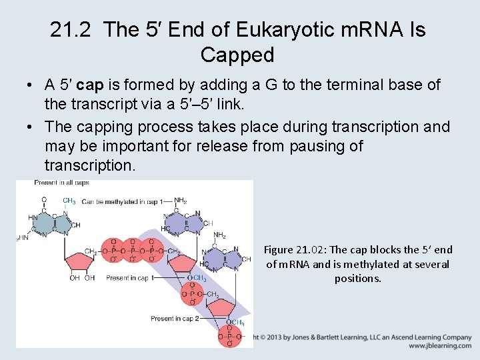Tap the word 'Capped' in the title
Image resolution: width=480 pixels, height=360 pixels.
tap(237, 55)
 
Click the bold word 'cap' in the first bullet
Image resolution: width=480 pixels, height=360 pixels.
tap(89, 85)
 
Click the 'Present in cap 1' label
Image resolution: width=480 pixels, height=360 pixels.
tap(129, 279)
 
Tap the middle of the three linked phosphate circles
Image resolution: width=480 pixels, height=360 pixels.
tap(133, 252)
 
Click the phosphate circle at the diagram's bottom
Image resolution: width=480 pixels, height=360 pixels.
tap(229, 338)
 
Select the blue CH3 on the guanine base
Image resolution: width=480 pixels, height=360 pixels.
tap(69, 201)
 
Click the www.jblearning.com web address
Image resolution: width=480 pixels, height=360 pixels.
tap(440, 346)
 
